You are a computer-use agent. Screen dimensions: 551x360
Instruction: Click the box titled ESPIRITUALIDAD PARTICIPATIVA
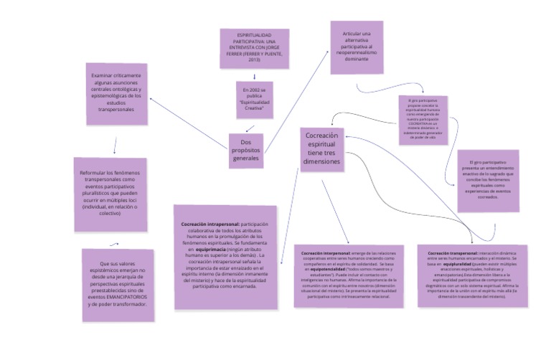point(254,48)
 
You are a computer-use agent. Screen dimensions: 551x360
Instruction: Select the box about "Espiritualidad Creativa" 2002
point(254,100)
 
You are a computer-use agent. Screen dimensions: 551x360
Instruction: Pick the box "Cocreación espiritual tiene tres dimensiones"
point(321,148)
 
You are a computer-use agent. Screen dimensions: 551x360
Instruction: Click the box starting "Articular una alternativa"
point(357,52)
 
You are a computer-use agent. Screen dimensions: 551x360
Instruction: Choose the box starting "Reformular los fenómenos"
point(110,194)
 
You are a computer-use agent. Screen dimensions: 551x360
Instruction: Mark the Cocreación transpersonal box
point(471,275)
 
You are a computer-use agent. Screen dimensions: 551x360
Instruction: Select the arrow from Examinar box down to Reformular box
point(115,146)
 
